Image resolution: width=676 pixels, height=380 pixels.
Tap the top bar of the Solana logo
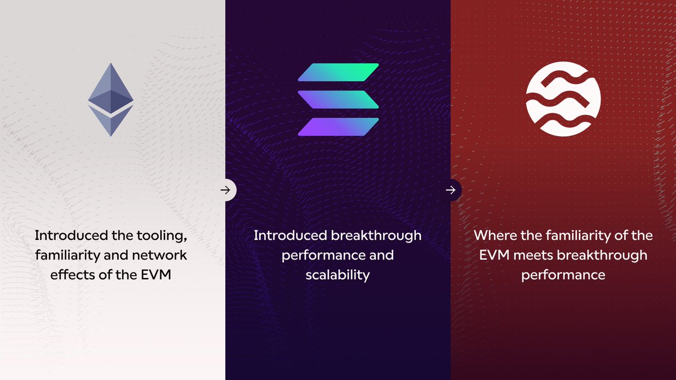pyautogui.click(x=338, y=72)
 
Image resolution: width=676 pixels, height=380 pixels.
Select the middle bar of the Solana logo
pyautogui.click(x=338, y=100)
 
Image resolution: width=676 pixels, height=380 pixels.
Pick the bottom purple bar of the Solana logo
pyautogui.click(x=338, y=127)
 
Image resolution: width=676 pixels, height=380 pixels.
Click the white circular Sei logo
pyautogui.click(x=563, y=99)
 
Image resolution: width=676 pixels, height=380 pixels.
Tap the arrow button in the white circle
pyautogui.click(x=225, y=190)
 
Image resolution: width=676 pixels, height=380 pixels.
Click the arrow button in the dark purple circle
pyautogui.click(x=451, y=190)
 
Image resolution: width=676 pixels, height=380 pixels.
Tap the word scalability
pyautogui.click(x=337, y=275)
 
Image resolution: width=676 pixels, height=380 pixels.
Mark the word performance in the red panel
pyautogui.click(x=563, y=275)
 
